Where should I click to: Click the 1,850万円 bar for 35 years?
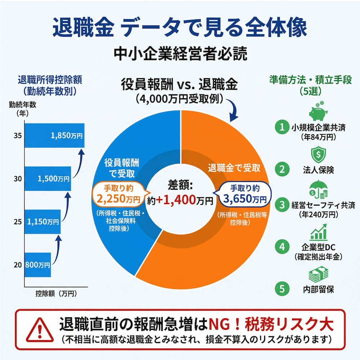tap(54, 136)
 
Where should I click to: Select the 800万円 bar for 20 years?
tap(37, 265)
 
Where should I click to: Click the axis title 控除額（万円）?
tap(57, 294)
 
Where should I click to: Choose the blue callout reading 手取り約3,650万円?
tap(244, 194)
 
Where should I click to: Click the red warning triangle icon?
tap(38, 331)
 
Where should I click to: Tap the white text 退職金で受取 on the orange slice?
tap(234, 167)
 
